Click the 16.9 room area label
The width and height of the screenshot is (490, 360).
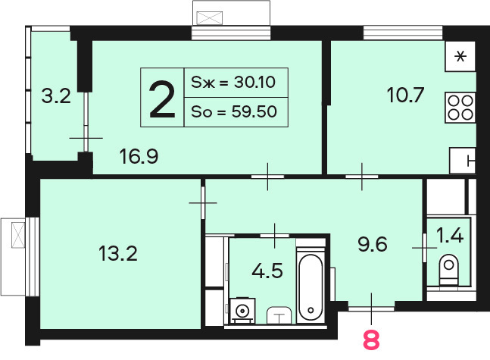click(139, 156)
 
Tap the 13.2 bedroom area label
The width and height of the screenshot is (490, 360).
click(118, 253)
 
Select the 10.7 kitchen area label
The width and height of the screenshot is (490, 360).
click(405, 95)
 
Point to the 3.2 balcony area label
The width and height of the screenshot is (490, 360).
click(56, 96)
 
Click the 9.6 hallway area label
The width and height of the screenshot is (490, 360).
click(373, 244)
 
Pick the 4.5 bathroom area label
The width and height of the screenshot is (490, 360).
click(267, 271)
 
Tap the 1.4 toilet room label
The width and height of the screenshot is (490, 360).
click(450, 236)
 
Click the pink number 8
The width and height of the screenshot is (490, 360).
click(371, 340)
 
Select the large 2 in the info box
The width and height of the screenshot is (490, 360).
click(162, 99)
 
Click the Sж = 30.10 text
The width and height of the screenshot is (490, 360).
click(233, 83)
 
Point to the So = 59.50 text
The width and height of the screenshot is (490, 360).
click(234, 111)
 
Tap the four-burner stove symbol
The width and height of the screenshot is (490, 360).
click(460, 108)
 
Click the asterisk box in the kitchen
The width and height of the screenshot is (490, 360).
click(460, 56)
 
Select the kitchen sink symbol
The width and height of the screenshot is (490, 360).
click(463, 161)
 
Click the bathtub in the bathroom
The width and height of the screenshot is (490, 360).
click(311, 286)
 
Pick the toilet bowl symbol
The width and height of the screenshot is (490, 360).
click(449, 270)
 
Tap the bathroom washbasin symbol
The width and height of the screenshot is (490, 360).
click(279, 315)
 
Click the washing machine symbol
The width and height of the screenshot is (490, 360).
click(242, 310)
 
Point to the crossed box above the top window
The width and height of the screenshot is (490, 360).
click(210, 18)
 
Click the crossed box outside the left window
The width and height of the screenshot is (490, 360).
click(18, 235)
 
